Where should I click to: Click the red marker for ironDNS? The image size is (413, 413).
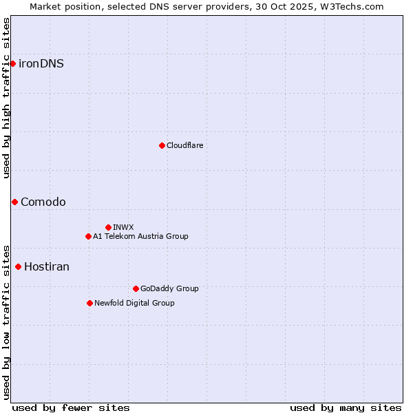coord(12,63)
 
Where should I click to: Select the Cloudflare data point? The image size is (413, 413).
coord(162,145)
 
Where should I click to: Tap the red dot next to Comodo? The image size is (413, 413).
coord(14,202)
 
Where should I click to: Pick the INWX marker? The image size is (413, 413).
coord(108,227)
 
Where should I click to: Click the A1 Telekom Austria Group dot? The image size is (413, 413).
coord(88,236)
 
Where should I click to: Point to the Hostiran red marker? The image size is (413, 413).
coord(18,266)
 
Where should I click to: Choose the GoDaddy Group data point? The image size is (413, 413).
coord(136,288)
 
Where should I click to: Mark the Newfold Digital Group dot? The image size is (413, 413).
coord(89,303)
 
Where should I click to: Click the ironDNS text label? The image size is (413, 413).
coord(41,64)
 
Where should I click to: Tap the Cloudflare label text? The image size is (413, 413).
coord(184,145)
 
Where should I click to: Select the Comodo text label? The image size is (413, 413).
coord(43,202)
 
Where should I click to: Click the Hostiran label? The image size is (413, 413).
coord(47,266)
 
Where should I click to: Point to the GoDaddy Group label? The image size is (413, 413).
coord(169,288)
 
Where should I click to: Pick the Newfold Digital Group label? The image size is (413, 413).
coord(134,303)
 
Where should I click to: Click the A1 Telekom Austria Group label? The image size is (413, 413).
coord(140,236)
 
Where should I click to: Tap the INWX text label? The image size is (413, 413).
coord(123,227)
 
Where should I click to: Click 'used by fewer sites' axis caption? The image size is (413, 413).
coord(71,407)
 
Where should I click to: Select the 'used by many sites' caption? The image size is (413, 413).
coord(346,407)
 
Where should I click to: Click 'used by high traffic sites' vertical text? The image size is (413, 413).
coord(6,98)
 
